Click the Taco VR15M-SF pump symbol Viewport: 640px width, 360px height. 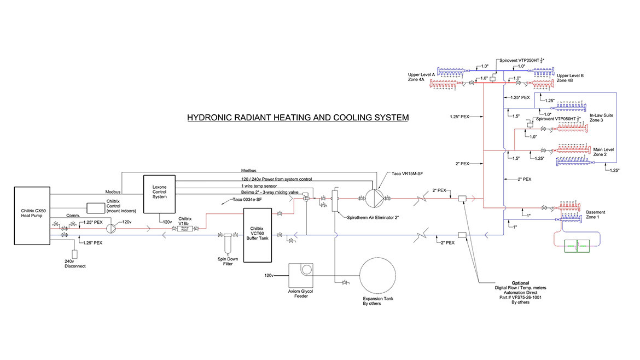click(371, 199)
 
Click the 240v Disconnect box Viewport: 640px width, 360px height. click(75, 254)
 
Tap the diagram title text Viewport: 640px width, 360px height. click(298, 118)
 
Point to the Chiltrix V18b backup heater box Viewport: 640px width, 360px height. click(184, 230)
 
